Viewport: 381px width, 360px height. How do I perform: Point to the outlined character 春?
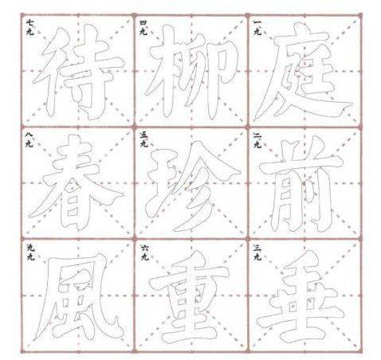(x=77, y=183)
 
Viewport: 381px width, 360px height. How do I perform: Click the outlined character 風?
(x=80, y=297)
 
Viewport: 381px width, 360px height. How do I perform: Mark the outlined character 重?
(x=189, y=297)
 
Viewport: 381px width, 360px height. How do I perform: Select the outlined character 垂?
(x=303, y=297)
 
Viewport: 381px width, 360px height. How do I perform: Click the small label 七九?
(x=30, y=28)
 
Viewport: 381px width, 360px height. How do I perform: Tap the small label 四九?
(x=143, y=28)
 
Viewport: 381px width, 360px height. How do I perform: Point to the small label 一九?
(x=257, y=28)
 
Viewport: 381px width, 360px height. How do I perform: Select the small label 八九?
(x=29, y=140)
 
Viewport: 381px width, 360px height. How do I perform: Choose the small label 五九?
(x=143, y=140)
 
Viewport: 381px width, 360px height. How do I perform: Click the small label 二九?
(x=257, y=140)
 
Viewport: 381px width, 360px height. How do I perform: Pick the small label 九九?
(x=30, y=252)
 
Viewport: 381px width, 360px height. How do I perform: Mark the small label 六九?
(x=144, y=252)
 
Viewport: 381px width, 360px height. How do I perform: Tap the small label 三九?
(x=257, y=252)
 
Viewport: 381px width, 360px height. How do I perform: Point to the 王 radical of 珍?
(x=161, y=183)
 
